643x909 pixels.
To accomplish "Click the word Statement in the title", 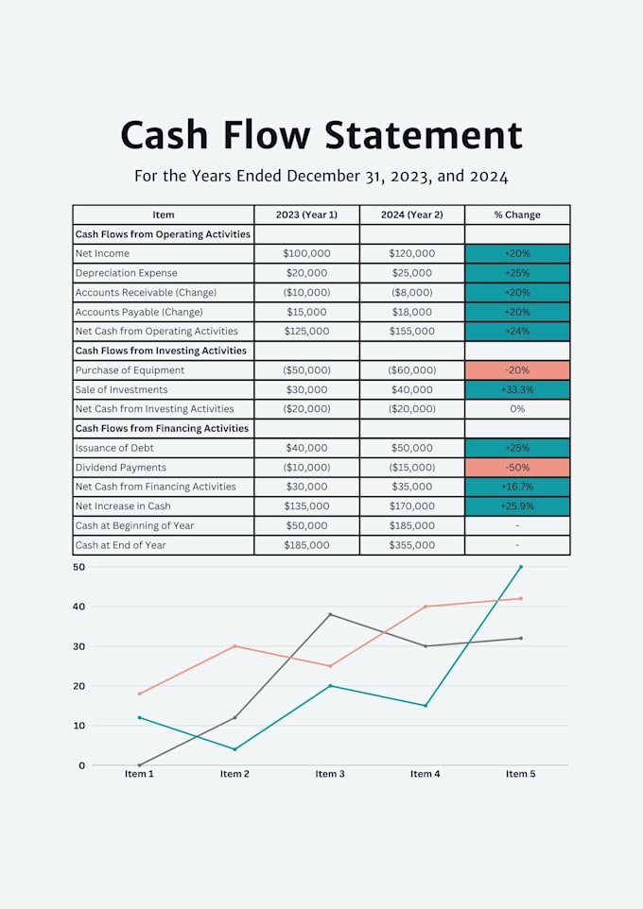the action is [423, 135].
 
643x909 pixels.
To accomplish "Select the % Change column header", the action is [517, 214].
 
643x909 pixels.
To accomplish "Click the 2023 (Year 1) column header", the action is [306, 214].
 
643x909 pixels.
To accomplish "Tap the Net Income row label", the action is [102, 253].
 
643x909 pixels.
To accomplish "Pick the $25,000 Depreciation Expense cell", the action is [411, 272].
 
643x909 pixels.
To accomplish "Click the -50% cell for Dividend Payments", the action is [517, 467].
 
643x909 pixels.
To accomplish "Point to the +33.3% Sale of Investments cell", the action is [517, 389].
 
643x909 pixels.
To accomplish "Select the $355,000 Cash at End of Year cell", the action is [411, 545].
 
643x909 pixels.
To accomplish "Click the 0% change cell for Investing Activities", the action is [517, 409].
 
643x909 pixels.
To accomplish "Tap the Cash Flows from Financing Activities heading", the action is [162, 428].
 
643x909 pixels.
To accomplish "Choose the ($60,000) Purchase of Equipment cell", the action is [411, 369].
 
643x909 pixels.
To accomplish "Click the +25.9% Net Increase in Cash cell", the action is [517, 506].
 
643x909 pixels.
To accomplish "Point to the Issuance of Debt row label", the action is [114, 448].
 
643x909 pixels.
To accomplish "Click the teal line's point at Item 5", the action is [521, 566].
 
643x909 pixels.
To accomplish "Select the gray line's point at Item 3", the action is [330, 614].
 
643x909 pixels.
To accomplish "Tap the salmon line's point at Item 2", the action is [235, 645].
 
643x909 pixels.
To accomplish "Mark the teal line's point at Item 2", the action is [235, 749].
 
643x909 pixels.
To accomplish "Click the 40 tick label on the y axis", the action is [78, 607].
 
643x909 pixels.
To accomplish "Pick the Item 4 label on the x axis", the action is [425, 774].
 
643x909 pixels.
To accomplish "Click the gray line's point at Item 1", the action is [139, 765].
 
